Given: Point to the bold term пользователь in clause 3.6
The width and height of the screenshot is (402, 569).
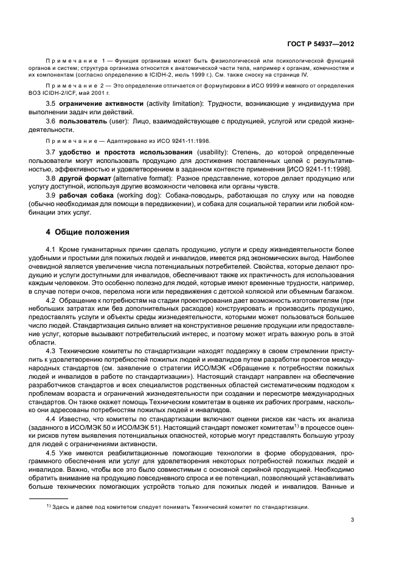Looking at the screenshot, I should pos(83,122).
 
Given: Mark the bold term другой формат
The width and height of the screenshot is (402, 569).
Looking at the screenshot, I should pos(84,179).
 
